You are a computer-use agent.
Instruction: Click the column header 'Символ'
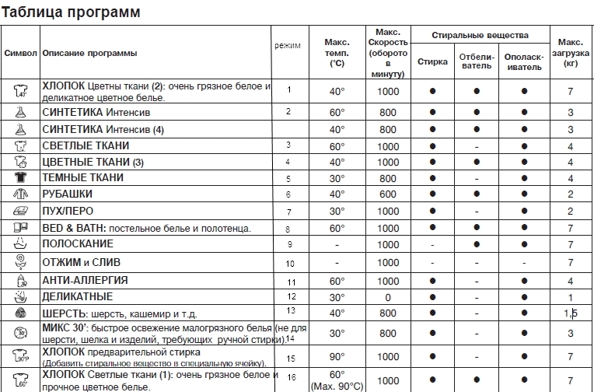click(19, 54)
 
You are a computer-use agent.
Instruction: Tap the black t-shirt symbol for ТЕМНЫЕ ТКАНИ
click(20, 178)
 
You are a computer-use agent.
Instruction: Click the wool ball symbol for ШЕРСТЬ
click(20, 313)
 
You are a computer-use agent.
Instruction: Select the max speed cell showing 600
click(387, 194)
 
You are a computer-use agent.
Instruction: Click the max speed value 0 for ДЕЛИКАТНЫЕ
click(387, 297)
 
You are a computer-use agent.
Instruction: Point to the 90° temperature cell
click(337, 357)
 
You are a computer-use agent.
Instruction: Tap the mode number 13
click(292, 311)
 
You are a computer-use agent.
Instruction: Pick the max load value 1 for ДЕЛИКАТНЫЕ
click(570, 297)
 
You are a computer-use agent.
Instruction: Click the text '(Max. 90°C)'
click(337, 387)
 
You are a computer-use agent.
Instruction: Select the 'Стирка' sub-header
click(432, 61)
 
